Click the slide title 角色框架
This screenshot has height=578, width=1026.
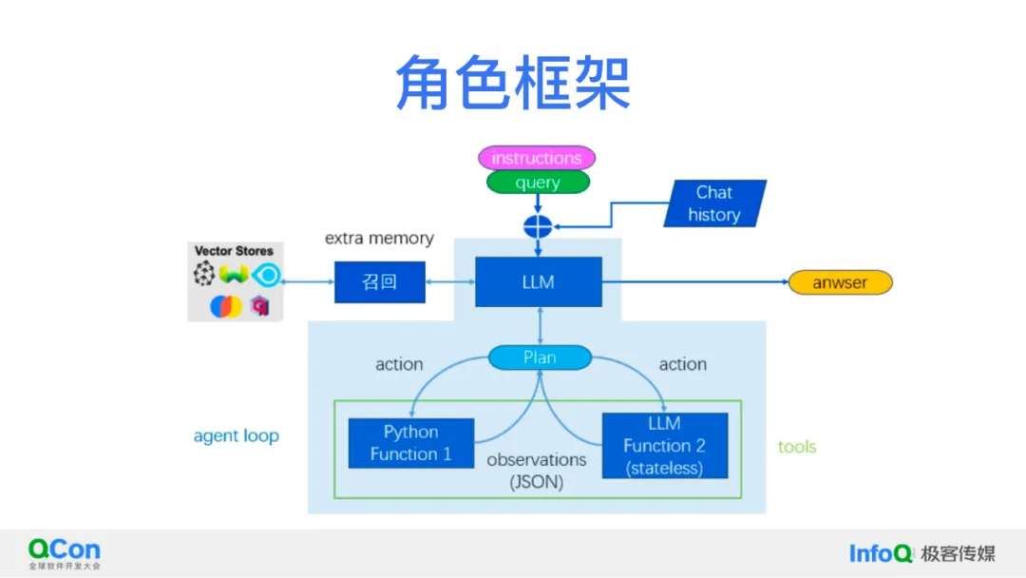tap(513, 83)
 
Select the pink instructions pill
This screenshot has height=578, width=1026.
tap(537, 158)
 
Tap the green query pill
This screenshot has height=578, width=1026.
tap(538, 183)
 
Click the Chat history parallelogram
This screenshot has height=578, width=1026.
tap(714, 203)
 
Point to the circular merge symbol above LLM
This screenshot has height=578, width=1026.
tap(538, 226)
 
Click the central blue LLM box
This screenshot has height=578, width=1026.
tap(539, 282)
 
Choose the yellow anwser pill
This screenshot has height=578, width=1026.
tap(840, 282)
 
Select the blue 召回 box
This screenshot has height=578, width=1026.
tap(380, 282)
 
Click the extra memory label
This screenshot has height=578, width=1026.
tap(379, 239)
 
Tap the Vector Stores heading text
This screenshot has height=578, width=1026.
tap(234, 251)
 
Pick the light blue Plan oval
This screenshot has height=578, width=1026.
tap(540, 357)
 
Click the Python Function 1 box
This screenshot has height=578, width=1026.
tap(411, 443)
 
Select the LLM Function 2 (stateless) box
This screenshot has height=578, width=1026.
tap(664, 445)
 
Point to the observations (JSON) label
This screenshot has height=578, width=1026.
tap(537, 471)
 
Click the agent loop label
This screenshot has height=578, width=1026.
tap(237, 436)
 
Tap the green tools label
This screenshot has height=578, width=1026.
tap(796, 447)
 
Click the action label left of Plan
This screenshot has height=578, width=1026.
tap(399, 364)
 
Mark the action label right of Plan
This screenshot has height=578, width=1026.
tap(682, 364)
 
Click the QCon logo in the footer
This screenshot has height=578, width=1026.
tap(64, 552)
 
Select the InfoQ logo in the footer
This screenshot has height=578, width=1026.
tap(881, 553)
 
